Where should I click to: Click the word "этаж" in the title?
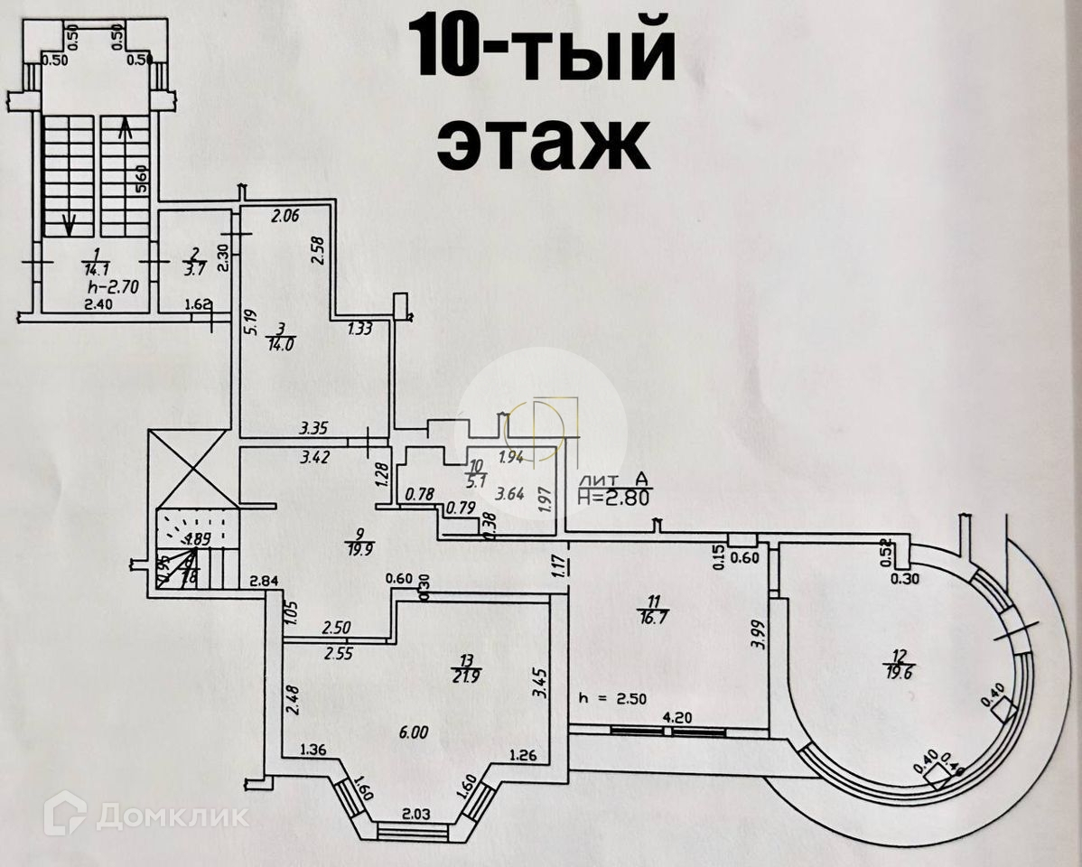click(543, 142)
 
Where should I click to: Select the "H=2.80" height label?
click(614, 495)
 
